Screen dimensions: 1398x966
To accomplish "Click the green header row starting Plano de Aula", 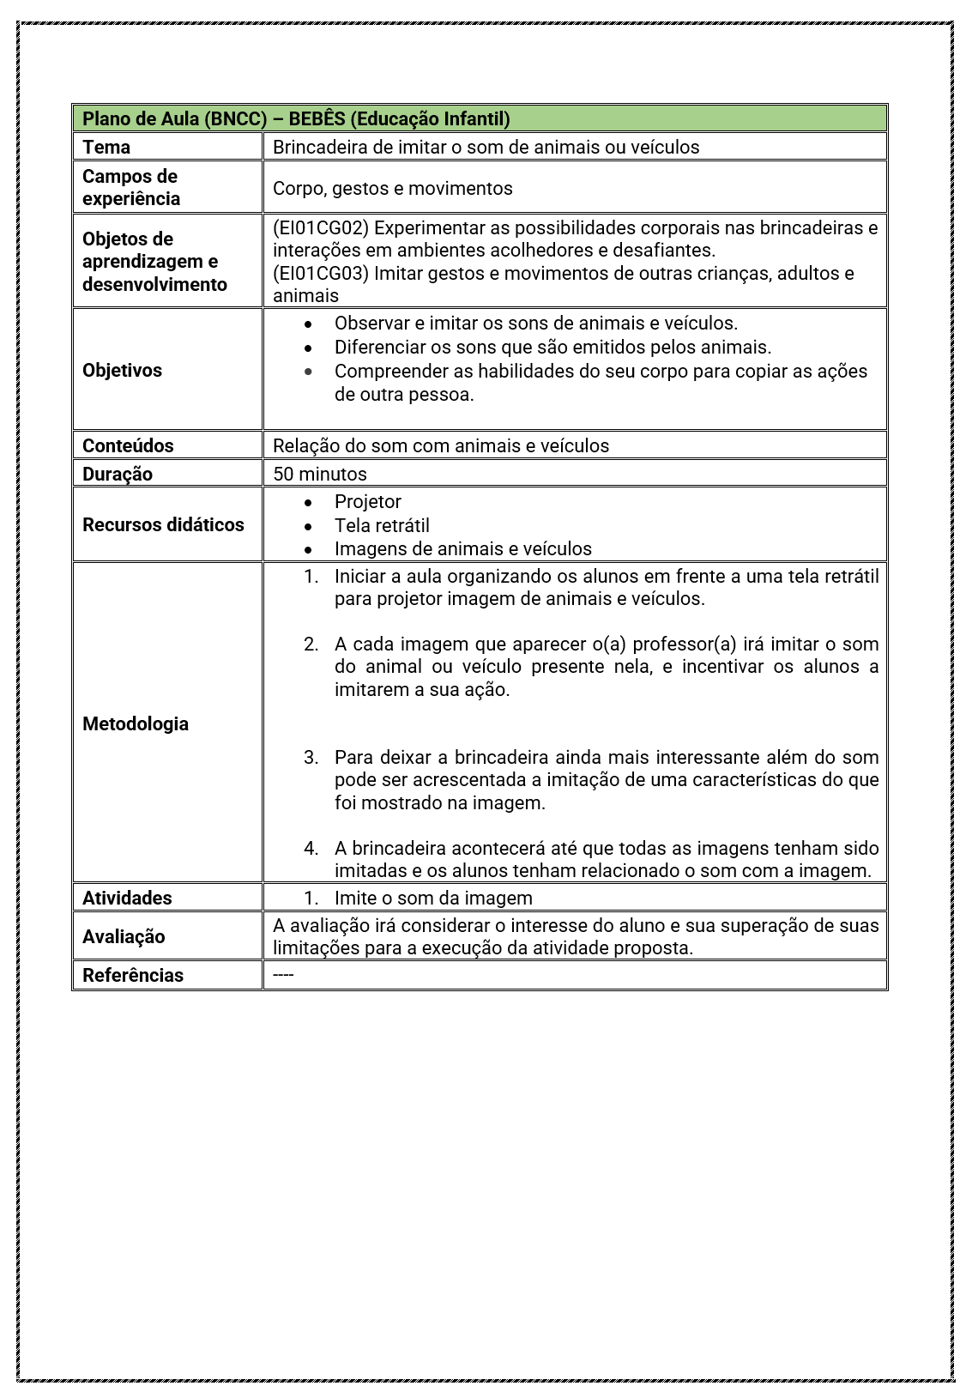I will [x=479, y=118].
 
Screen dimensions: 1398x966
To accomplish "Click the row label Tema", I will [x=106, y=147].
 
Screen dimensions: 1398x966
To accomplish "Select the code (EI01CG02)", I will [x=321, y=227].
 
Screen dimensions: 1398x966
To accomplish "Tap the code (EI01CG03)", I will [x=321, y=273].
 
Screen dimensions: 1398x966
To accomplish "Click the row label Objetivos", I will [x=122, y=370].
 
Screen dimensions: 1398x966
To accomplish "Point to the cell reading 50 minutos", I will [x=319, y=474].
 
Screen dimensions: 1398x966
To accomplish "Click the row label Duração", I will [x=117, y=474].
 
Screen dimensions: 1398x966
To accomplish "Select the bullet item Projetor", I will [x=367, y=501].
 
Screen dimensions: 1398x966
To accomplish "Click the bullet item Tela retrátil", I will [x=382, y=525].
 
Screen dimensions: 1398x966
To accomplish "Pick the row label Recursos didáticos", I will [x=163, y=524].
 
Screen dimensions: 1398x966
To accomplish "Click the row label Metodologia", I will [x=136, y=723].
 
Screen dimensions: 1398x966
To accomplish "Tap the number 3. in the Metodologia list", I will [x=311, y=757].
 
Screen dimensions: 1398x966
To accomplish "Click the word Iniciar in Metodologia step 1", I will [x=362, y=576].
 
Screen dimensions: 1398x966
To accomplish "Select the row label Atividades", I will [x=127, y=898].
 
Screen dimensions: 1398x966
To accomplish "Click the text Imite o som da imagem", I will [x=433, y=898].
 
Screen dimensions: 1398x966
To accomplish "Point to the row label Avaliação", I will [x=124, y=936].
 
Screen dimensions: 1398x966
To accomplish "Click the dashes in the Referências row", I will [x=283, y=975].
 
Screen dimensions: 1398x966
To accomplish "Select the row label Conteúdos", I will [x=128, y=445].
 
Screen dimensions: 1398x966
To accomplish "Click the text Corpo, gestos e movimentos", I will [x=392, y=188].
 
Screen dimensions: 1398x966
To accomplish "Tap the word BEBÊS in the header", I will [x=317, y=118].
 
